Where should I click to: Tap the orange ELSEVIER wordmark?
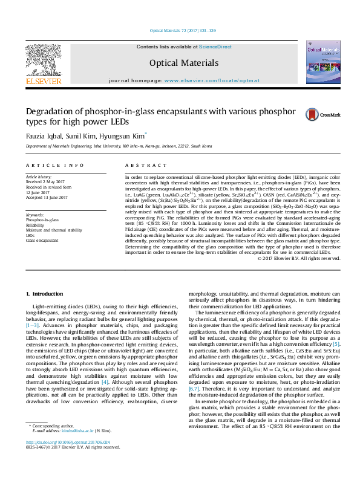tap(43, 81)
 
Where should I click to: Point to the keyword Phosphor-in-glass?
tap(42, 221)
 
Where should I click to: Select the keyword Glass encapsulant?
tap(42, 240)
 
